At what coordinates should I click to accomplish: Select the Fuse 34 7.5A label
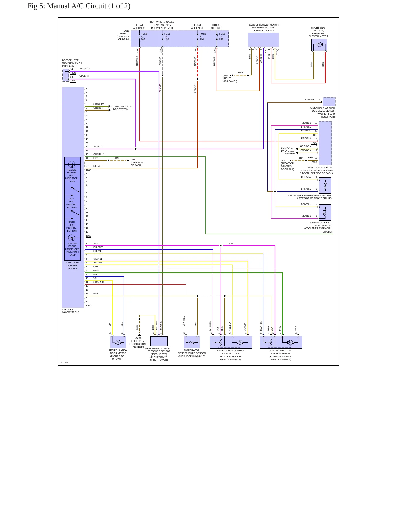(x=167, y=36)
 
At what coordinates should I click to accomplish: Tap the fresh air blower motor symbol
(x=319, y=45)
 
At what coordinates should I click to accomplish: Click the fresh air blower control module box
(x=263, y=40)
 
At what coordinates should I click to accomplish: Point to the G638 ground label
(x=226, y=75)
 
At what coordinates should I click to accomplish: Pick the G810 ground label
(x=134, y=159)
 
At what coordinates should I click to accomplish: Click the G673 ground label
(x=138, y=338)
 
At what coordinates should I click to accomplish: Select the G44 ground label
(x=283, y=160)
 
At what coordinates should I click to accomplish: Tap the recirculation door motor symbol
(x=118, y=342)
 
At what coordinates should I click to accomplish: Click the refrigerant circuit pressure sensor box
(x=159, y=341)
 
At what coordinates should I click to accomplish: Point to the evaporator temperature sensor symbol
(x=192, y=342)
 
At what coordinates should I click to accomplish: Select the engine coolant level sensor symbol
(x=325, y=212)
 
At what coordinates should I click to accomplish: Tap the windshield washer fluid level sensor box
(x=329, y=102)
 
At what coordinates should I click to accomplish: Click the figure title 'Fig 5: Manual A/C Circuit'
(x=79, y=6)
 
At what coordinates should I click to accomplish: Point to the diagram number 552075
(x=63, y=362)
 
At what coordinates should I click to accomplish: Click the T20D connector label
(x=88, y=170)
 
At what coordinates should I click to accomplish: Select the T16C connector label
(x=88, y=306)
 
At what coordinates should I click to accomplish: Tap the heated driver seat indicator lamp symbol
(x=71, y=165)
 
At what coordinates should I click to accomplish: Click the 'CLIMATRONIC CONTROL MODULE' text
(x=73, y=266)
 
